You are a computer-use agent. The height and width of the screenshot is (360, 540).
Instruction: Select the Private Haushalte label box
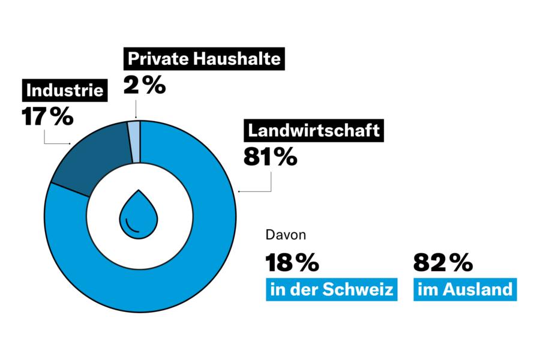click(203, 60)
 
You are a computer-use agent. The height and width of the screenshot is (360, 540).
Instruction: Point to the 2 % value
click(144, 84)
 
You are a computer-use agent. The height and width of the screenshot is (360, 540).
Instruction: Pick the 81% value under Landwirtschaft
click(270, 157)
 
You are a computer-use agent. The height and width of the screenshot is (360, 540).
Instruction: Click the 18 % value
click(292, 262)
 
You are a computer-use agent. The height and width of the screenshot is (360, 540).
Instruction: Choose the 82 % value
click(443, 262)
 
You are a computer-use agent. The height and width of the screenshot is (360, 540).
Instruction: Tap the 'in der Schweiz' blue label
click(332, 290)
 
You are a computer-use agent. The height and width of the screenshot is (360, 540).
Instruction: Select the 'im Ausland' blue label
click(465, 290)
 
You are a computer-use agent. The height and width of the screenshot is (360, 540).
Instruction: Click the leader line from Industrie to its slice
click(46, 137)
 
